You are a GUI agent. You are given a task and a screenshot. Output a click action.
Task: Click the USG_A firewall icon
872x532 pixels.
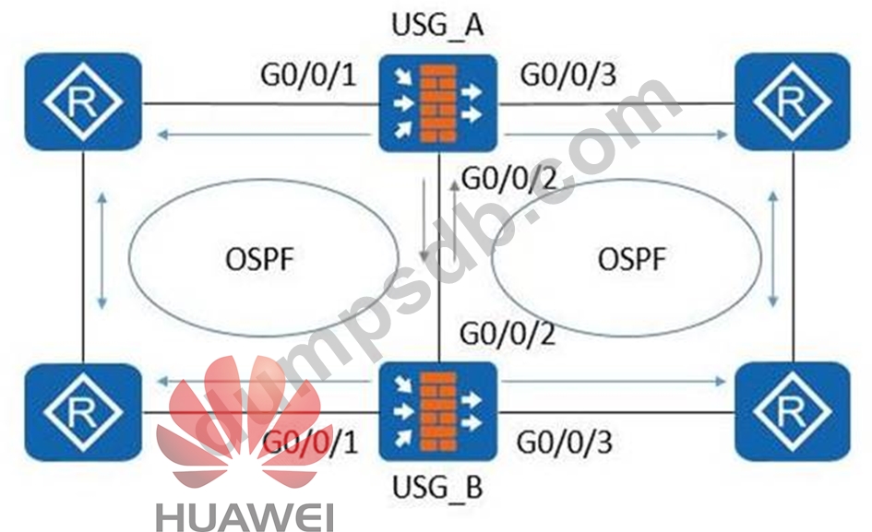click(x=437, y=102)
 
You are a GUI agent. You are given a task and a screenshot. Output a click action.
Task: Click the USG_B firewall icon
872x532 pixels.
click(x=437, y=408)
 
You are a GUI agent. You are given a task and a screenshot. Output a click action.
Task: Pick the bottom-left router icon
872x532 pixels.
click(x=83, y=410)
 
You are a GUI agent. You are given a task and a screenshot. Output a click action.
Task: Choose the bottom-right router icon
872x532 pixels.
click(x=793, y=410)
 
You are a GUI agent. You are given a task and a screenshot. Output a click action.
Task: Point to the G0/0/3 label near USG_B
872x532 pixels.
click(x=566, y=442)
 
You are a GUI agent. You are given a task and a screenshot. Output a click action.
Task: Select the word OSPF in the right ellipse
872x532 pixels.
click(x=632, y=259)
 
